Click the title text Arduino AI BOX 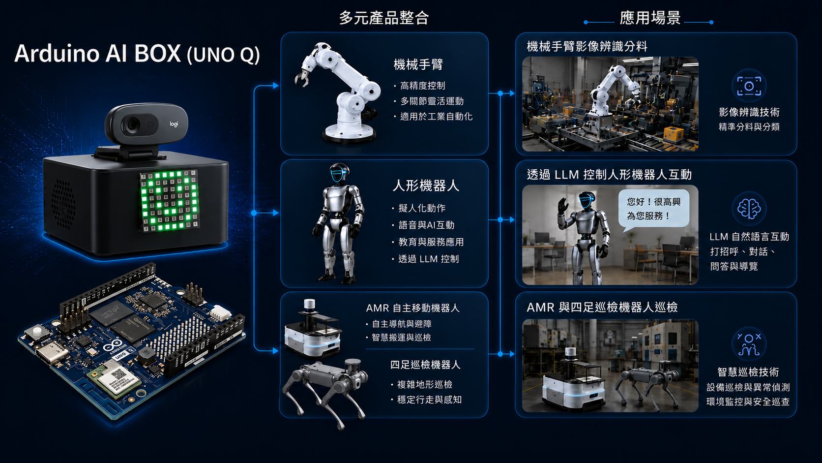[x=97, y=54]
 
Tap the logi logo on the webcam [x=174, y=124]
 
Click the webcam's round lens [x=131, y=125]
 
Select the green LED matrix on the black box [x=170, y=200]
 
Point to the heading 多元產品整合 [x=384, y=18]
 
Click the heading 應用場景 [x=650, y=18]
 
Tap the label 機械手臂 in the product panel [x=418, y=64]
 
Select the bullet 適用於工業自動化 [x=436, y=117]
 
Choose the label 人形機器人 [x=426, y=185]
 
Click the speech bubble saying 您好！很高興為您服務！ [x=653, y=209]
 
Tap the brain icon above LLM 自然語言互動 [x=749, y=209]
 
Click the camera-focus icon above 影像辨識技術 [x=749, y=86]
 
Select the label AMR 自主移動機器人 [x=412, y=308]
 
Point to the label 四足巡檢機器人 [x=425, y=365]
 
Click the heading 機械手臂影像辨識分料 [x=587, y=46]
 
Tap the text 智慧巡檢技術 [x=748, y=372]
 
